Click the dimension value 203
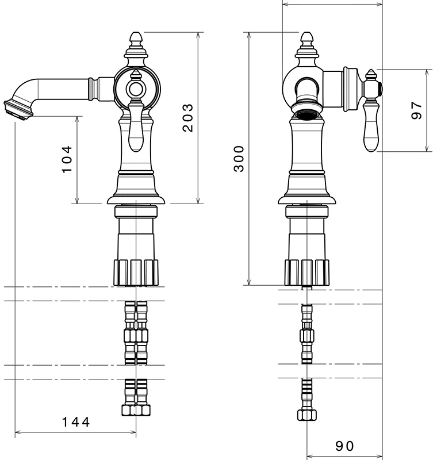coord(187,118)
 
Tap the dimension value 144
coord(76,422)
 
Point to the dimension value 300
coord(239,158)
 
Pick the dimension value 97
coord(417,110)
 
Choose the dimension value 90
coord(344,446)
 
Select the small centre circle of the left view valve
coord(136,89)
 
